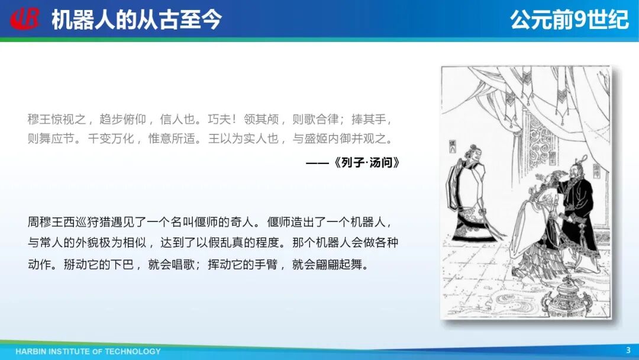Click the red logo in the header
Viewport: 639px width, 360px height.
pos(25,19)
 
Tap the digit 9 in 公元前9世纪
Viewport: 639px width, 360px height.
pos(580,19)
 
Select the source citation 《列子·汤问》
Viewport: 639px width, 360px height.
pos(366,163)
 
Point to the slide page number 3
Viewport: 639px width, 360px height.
pos(628,350)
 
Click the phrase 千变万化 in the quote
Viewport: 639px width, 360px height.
pos(111,139)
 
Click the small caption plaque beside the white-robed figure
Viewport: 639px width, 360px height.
pos(453,146)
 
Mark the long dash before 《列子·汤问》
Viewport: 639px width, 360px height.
pos(318,163)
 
